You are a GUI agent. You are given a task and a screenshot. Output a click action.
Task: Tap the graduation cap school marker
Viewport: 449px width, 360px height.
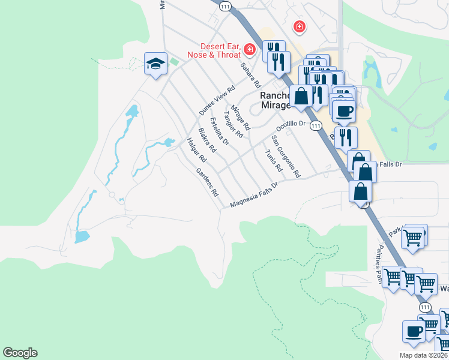(x=155, y=64)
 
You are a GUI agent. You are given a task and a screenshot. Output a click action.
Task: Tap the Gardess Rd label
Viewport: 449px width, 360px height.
(x=207, y=182)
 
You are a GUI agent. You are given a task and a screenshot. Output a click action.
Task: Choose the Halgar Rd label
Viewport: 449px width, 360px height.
(x=197, y=151)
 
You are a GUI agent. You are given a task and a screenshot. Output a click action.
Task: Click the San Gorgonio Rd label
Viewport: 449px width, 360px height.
(x=285, y=157)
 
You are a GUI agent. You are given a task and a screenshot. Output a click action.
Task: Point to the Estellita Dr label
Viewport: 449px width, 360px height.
(x=219, y=131)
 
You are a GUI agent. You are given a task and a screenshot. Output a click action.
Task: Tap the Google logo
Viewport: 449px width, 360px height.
(x=20, y=353)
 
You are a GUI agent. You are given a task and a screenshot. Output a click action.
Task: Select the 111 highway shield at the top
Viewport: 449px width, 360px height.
(x=225, y=6)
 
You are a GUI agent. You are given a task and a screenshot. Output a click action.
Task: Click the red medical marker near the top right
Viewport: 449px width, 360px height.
(x=298, y=26)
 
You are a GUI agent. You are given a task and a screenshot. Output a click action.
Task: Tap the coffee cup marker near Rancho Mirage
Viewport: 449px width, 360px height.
(x=344, y=111)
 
